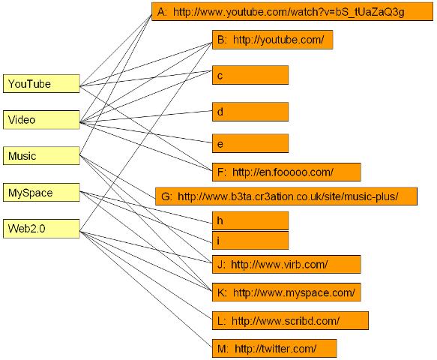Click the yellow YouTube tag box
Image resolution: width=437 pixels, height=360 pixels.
point(41,84)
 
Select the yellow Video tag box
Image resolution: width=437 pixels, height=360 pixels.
point(41,120)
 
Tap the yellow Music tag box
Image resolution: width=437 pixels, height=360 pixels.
point(41,156)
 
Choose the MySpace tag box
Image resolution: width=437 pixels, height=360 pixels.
point(41,193)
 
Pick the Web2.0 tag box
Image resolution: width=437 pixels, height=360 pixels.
point(41,229)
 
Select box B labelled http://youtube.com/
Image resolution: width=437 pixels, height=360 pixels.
point(272,40)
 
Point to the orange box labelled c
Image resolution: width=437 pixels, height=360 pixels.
point(250,76)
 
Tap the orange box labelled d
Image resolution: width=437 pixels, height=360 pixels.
point(250,112)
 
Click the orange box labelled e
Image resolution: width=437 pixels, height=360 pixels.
point(250,142)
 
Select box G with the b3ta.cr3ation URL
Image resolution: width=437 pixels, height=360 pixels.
point(286,197)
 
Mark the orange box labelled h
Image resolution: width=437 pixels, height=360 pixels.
point(250,220)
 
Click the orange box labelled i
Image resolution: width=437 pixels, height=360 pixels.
point(250,240)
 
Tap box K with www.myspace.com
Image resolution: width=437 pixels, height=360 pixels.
point(288,292)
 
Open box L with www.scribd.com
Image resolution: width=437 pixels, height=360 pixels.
point(290,320)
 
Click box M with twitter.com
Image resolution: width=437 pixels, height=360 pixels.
point(274,349)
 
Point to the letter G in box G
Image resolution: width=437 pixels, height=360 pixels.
point(166,197)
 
